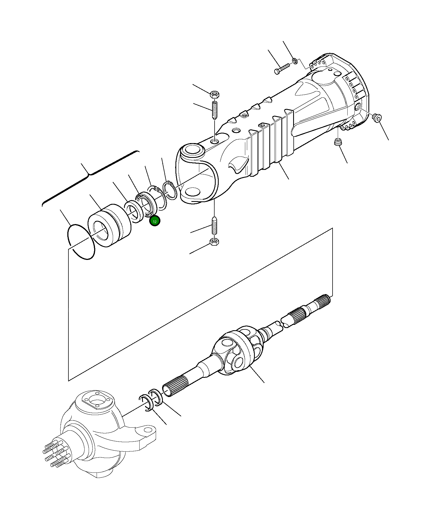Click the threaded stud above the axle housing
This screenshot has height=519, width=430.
(x=215, y=110)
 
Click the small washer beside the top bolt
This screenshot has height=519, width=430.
(x=295, y=60)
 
